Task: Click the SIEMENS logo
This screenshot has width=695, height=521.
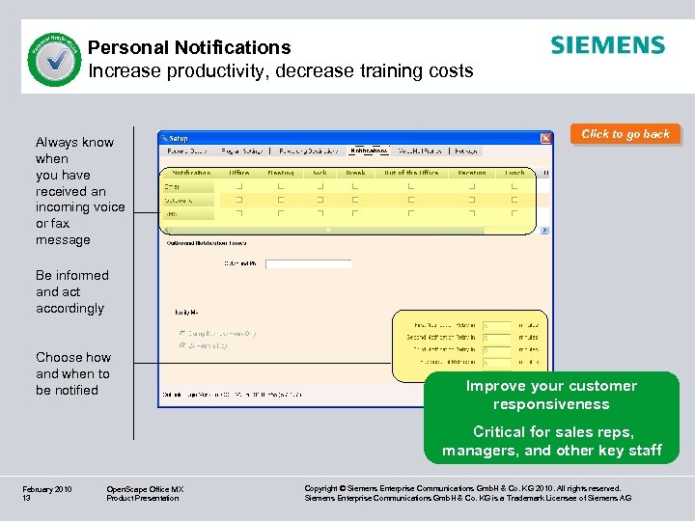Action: [x=607, y=45]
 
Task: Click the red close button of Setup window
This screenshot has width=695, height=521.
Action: [x=545, y=138]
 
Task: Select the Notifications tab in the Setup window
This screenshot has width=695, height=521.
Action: [x=370, y=151]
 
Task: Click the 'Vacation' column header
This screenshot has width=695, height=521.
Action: [x=472, y=173]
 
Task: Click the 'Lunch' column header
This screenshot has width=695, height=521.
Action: [x=515, y=173]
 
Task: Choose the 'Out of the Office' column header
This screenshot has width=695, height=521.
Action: [x=410, y=173]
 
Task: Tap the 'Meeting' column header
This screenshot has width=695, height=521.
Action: [x=280, y=173]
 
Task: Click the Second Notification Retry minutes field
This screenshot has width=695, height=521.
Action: [x=496, y=338]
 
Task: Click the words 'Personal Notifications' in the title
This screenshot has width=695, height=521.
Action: [x=189, y=47]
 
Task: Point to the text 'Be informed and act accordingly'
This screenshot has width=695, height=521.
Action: [x=71, y=291]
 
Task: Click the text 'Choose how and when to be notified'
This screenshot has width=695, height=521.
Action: [x=72, y=373]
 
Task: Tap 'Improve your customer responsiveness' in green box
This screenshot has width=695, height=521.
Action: [x=551, y=395]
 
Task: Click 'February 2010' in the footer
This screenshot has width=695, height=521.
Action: [x=47, y=489]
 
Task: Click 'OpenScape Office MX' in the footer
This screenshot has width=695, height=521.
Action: [x=145, y=489]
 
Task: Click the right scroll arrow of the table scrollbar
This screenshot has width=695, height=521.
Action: [x=544, y=231]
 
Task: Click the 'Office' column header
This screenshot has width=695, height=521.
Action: [x=238, y=173]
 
